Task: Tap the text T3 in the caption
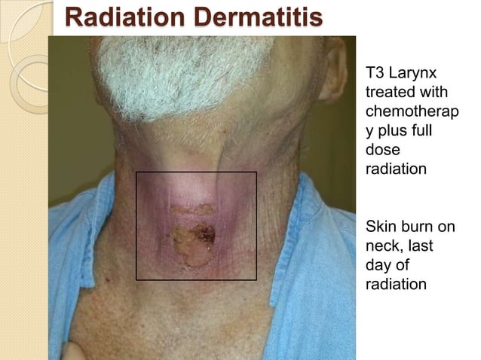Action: pos(374,74)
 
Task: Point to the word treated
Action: pos(388,92)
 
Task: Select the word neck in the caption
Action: pos(384,246)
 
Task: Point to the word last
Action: pos(421,246)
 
